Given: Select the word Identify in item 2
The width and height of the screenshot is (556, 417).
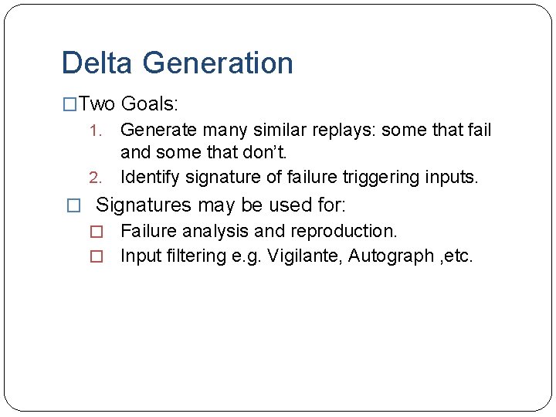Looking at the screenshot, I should (152, 178).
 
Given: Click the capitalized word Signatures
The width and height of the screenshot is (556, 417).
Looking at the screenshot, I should (144, 205).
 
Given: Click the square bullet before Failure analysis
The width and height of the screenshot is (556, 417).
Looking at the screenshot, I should (97, 232).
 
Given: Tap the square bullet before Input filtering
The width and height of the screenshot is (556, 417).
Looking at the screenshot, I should (97, 256).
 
